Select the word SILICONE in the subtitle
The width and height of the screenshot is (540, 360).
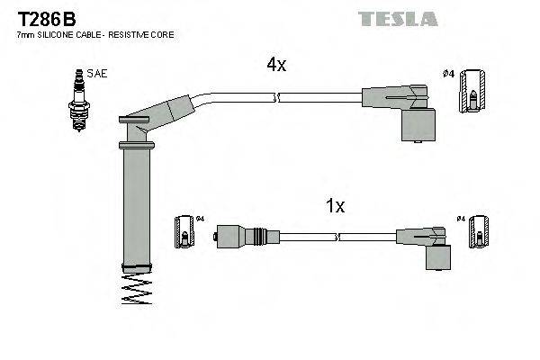click(x=61, y=34)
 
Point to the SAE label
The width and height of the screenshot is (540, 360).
click(x=96, y=75)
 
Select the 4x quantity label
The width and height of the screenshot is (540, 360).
click(x=275, y=65)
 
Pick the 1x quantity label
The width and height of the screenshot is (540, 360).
click(x=334, y=206)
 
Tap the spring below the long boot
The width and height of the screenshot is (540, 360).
click(x=134, y=289)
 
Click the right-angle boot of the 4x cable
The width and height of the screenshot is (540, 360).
click(x=409, y=112)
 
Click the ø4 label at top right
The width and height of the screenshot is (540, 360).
click(x=449, y=74)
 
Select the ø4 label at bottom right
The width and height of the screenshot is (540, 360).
click(x=461, y=219)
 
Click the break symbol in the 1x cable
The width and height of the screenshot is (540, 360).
click(x=337, y=238)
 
